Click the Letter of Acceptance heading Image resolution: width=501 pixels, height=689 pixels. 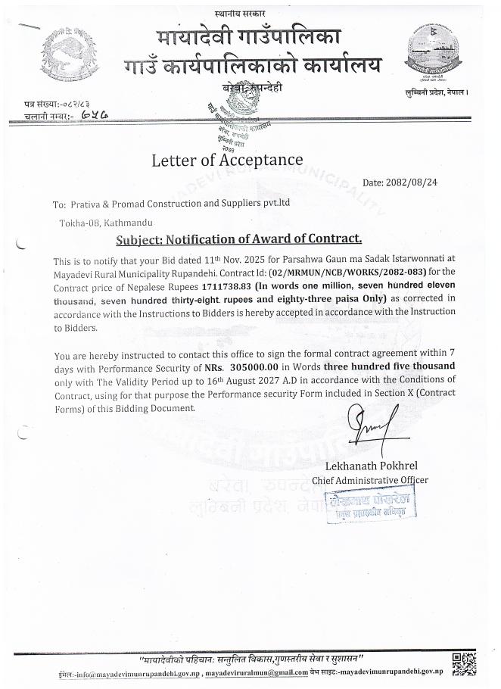click(227, 160)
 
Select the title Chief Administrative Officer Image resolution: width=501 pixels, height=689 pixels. click(376, 480)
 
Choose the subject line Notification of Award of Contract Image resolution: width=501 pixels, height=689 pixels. click(238, 239)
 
